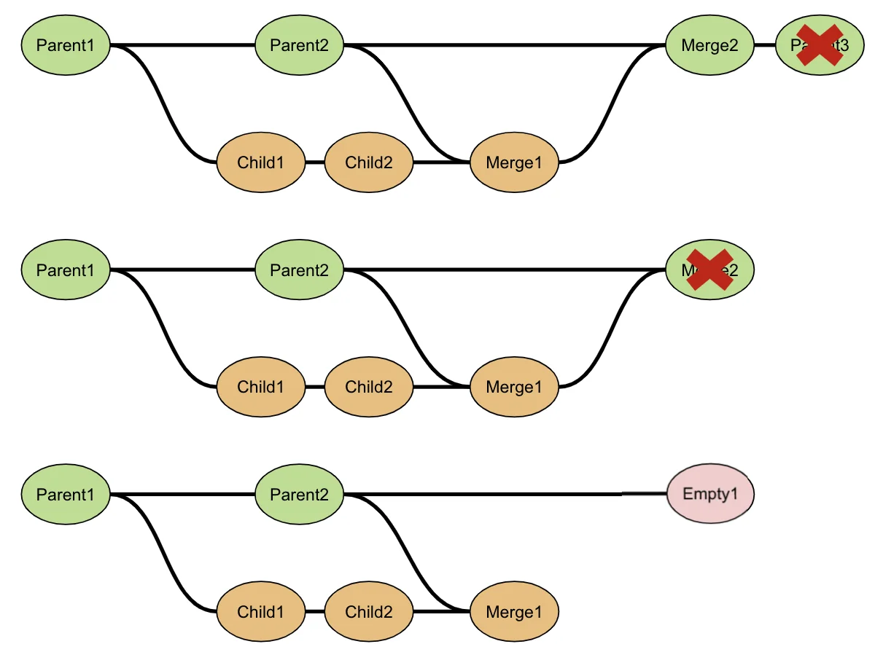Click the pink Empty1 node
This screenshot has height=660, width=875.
coord(710,494)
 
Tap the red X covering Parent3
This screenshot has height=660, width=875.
coord(819,45)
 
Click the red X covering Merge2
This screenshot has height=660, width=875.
coord(709,270)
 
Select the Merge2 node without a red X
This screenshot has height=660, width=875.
coord(709,45)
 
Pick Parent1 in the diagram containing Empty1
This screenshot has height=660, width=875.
coord(66,495)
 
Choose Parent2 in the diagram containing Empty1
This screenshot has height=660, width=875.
coord(299,495)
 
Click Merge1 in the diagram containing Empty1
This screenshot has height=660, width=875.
coord(514,612)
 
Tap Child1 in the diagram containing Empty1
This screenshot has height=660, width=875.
coord(260,612)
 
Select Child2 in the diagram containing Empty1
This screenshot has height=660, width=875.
coord(368,612)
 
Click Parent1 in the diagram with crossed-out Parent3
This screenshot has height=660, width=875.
coord(66,45)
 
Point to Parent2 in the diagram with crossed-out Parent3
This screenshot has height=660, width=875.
coord(299,45)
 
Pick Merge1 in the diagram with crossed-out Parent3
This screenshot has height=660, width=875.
coord(514,162)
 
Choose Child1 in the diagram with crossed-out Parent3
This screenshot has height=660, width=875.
coord(260,162)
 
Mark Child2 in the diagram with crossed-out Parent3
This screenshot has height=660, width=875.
coord(368,162)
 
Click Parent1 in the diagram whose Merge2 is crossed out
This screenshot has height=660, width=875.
coord(66,270)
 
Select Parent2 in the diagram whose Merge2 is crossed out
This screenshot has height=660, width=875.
coord(299,270)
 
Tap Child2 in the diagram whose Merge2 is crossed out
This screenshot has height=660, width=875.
coord(368,387)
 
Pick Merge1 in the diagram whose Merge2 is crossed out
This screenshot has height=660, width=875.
coord(514,387)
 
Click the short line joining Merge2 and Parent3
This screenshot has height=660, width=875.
coord(764,45)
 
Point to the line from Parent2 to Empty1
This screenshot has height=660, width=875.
coord(510,494)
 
